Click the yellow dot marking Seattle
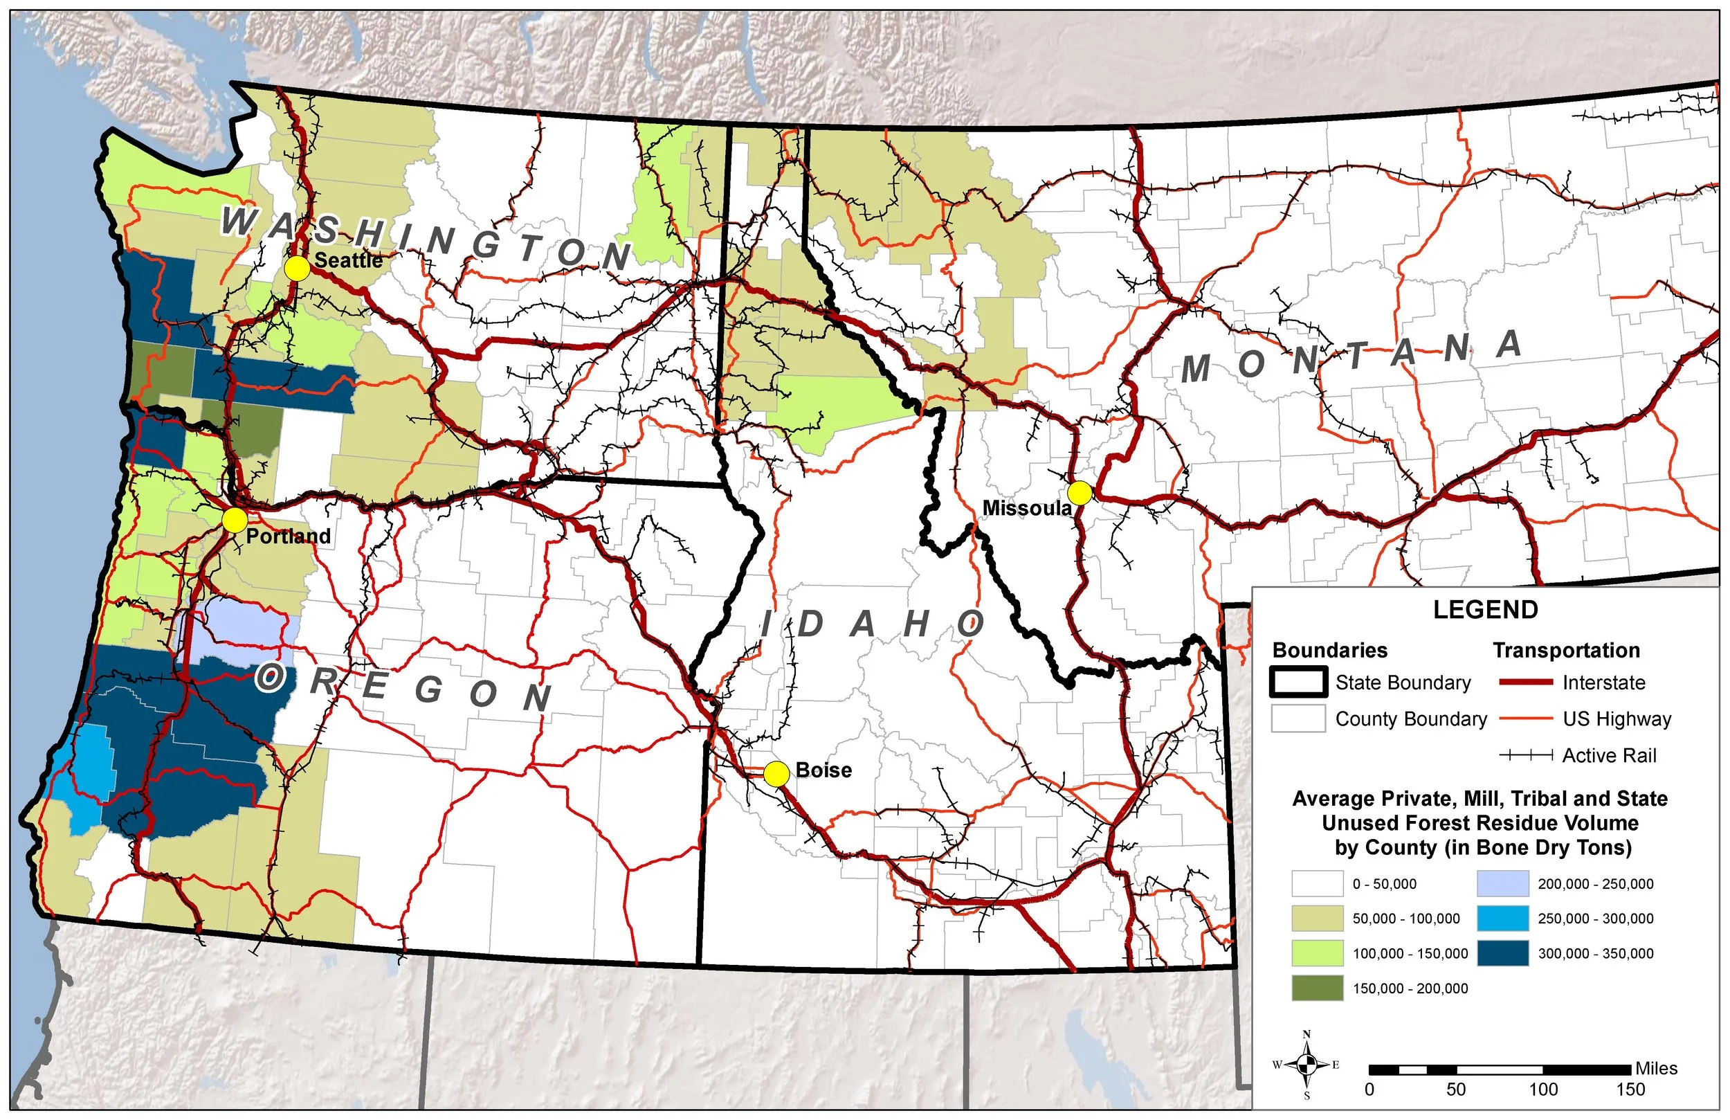point(298,269)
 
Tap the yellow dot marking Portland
point(234,521)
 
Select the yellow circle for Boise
point(776,774)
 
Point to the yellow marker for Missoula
point(1080,492)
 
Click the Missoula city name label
point(1026,508)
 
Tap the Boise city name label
point(823,770)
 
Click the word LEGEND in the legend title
point(1485,610)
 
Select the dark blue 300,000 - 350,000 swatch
point(1502,953)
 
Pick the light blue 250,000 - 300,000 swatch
point(1502,919)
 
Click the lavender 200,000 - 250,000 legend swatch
point(1502,884)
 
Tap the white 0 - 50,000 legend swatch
point(1317,884)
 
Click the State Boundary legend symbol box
point(1298,683)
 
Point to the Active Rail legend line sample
point(1526,756)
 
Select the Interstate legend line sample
point(1526,683)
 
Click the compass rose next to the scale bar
point(1307,1065)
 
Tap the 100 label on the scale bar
point(1542,1090)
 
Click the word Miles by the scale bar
point(1656,1068)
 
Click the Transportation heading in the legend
point(1566,650)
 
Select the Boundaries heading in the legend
point(1329,650)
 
